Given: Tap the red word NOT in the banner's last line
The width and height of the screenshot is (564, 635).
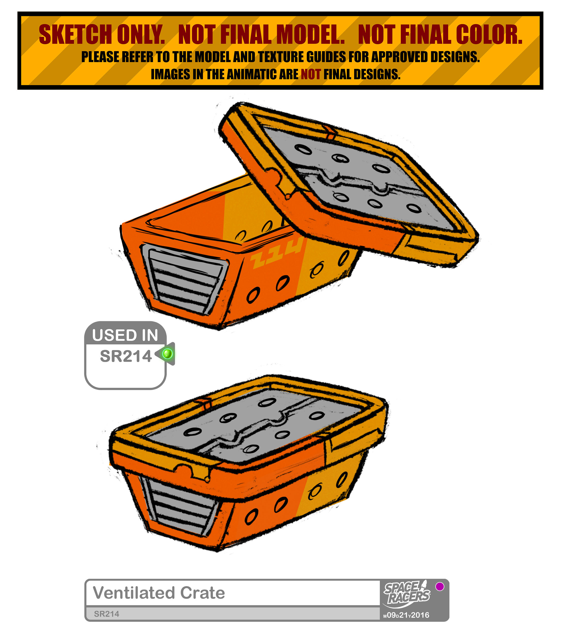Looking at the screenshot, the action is coord(310,74).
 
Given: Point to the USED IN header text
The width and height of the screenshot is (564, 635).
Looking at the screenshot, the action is coord(125,335).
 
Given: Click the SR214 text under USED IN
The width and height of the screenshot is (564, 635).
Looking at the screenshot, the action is coord(126,356).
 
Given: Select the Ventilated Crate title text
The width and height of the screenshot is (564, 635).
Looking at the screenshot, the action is coord(159,593).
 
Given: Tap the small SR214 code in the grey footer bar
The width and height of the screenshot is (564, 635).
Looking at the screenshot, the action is coord(106,614).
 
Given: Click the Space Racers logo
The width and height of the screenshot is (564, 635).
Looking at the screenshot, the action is coord(407,594).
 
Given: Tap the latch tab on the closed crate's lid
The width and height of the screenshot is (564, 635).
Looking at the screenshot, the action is coord(192,471).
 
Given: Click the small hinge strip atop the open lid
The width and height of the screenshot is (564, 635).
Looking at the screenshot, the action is coord(330,132).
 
